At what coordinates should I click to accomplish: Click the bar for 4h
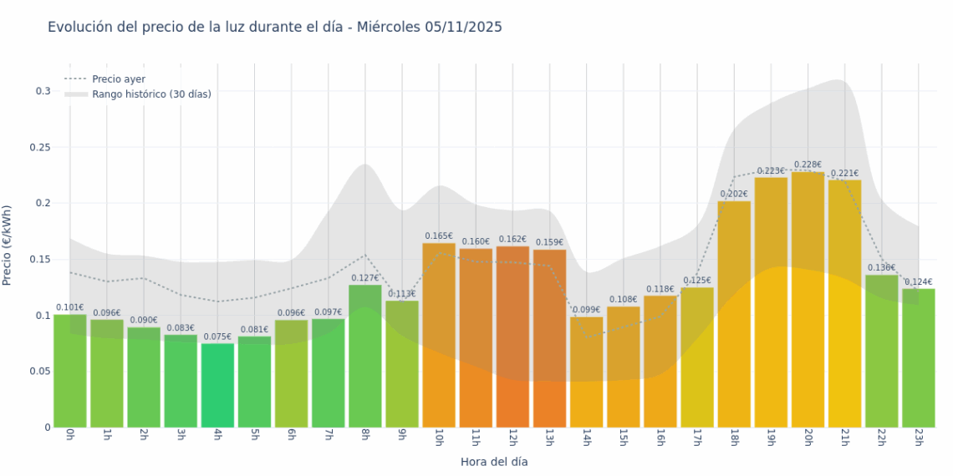point(217,386)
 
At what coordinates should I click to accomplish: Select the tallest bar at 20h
point(808,301)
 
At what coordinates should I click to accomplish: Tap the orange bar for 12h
point(512,334)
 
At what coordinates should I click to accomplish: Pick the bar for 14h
point(586,372)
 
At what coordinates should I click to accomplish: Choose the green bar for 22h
point(881,351)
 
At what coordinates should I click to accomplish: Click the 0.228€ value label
point(808,165)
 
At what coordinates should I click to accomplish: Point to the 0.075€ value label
point(217,337)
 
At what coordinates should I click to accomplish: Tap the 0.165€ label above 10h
point(438,236)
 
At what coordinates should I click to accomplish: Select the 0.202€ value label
point(734,194)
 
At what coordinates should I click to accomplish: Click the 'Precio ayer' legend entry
point(118,79)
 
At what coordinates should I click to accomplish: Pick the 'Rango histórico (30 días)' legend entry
point(151,94)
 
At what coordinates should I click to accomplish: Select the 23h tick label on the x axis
point(919,438)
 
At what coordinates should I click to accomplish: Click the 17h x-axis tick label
point(697,438)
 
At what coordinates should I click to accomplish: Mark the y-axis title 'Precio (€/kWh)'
point(8,246)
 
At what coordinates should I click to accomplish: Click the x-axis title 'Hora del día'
point(494,461)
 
